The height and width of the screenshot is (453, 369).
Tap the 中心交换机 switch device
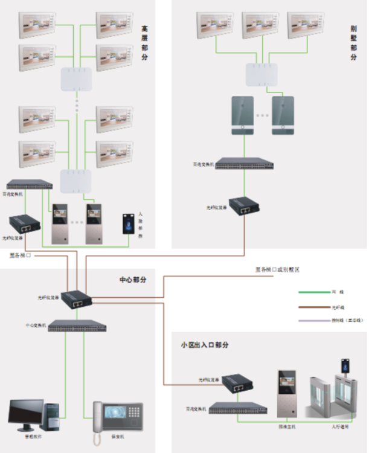click(x=78, y=327)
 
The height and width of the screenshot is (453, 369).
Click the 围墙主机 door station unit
click(x=286, y=393)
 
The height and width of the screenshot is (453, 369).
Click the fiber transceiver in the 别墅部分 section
click(x=244, y=207)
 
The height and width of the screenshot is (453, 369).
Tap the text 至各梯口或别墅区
click(x=277, y=269)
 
